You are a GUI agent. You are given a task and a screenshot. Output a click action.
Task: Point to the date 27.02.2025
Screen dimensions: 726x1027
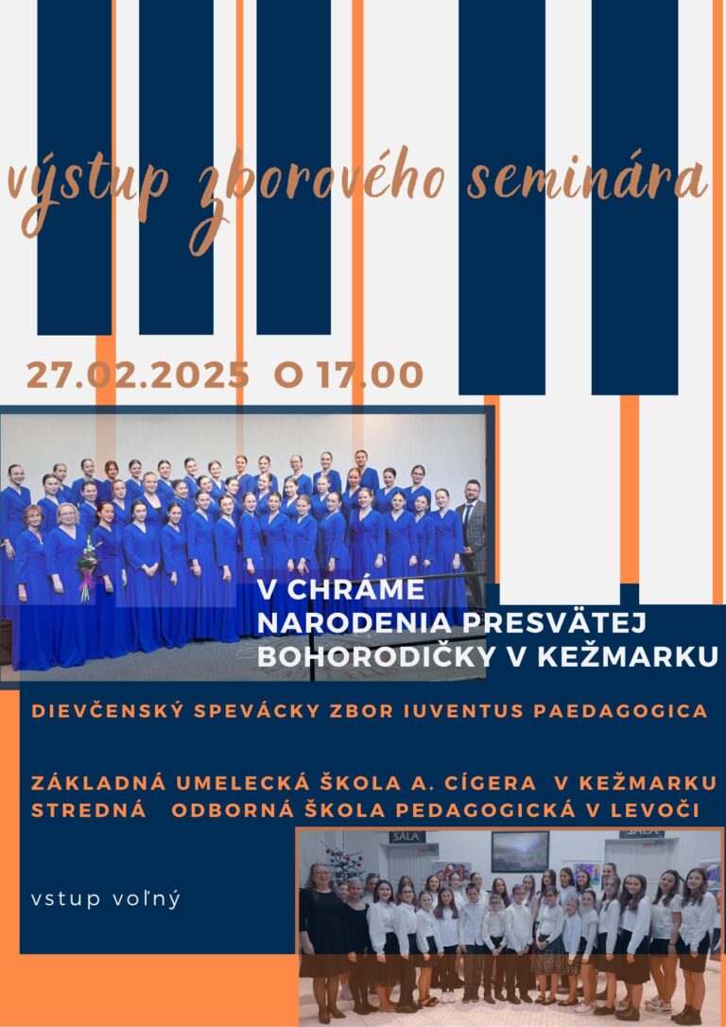pyautogui.click(x=137, y=374)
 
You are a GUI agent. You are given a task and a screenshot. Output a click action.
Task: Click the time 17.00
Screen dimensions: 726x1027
pyautogui.click(x=371, y=374)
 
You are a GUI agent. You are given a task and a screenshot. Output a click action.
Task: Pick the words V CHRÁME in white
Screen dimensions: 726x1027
pyautogui.click(x=340, y=589)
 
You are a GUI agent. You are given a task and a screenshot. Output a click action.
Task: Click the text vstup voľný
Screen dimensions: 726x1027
pyautogui.click(x=105, y=899)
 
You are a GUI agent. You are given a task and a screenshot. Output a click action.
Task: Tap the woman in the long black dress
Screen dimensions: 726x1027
pyautogui.click(x=321, y=936)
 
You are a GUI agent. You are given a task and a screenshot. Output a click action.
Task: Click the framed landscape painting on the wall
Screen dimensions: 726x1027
pyautogui.click(x=521, y=851)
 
